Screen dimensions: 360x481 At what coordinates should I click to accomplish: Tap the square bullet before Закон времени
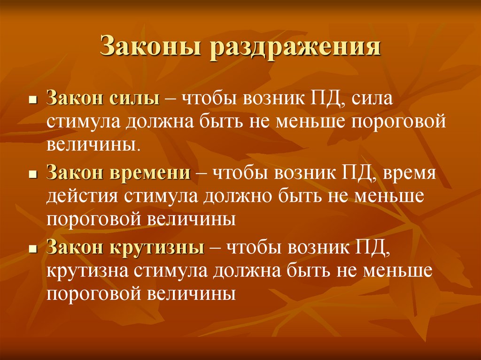pos(33,175)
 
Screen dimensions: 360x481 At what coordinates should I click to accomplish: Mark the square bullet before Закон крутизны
pos(33,248)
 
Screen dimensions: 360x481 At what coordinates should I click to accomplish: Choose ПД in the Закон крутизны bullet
pos(379,247)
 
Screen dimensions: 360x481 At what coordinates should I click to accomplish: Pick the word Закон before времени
pos(75,174)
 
